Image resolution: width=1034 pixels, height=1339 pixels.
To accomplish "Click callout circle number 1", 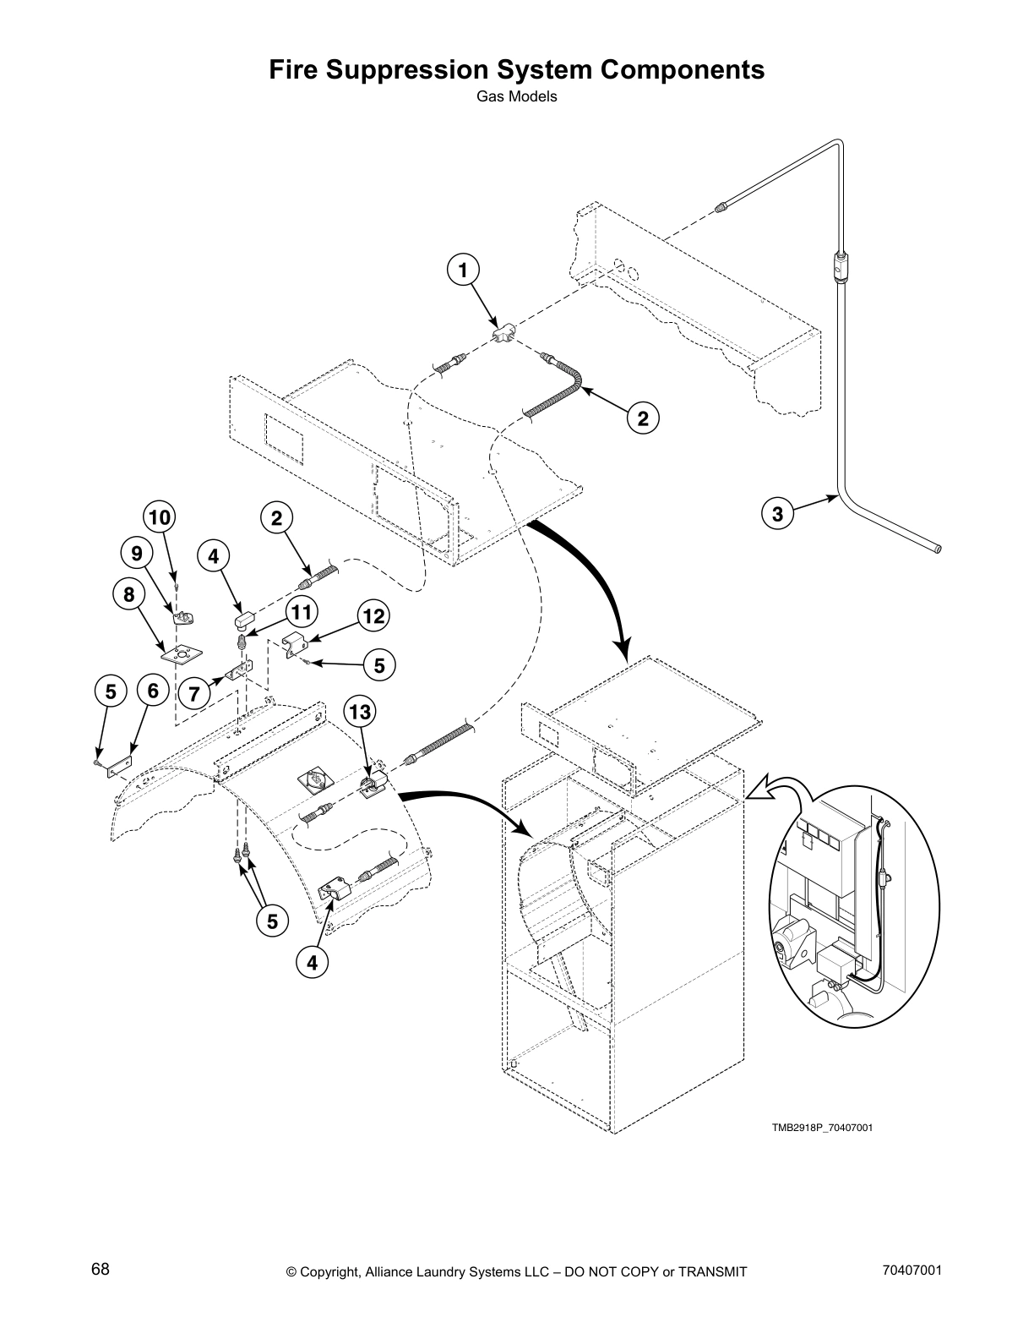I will (461, 271).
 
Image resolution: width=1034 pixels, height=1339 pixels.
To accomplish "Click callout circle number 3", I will (777, 513).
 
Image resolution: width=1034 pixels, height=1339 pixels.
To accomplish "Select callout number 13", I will (360, 713).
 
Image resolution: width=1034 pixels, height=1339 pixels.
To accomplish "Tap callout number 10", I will (160, 517).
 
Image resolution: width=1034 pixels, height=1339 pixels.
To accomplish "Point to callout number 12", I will (373, 616).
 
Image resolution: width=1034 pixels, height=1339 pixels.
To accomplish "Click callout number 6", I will (153, 691).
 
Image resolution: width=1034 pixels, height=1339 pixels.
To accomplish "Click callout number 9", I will (136, 554).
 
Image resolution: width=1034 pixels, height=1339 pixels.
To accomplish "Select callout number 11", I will (299, 612).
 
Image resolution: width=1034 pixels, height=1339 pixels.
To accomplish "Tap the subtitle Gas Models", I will (516, 96).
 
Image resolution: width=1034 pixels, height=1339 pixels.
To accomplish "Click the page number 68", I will (100, 1270).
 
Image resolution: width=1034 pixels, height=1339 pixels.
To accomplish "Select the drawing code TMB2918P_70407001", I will (820, 1128).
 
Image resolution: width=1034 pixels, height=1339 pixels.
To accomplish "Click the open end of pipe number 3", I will (938, 549).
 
